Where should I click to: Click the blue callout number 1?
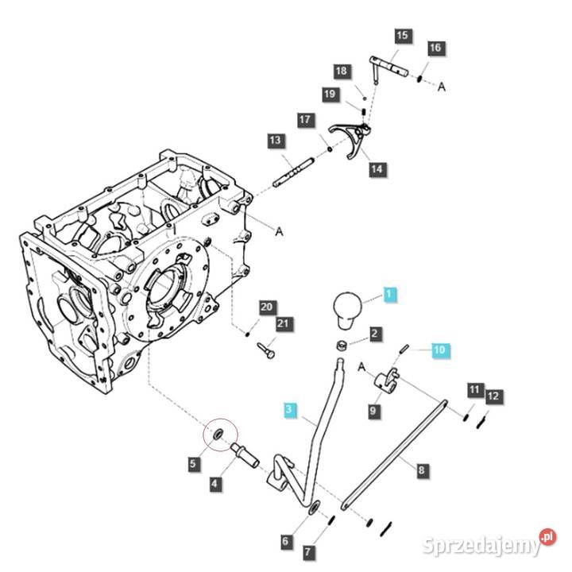click(x=389, y=294)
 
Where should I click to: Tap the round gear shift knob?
click(x=347, y=310)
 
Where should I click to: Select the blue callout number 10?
click(x=440, y=350)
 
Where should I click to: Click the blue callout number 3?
click(x=289, y=409)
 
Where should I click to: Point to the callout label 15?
click(x=402, y=36)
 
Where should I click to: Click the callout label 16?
click(x=435, y=48)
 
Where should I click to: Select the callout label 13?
click(x=276, y=141)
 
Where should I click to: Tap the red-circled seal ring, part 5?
click(x=219, y=434)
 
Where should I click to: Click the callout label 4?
click(x=215, y=484)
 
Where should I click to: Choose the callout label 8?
click(x=422, y=470)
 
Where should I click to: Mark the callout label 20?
click(x=267, y=307)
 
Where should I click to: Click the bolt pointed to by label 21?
click(x=266, y=350)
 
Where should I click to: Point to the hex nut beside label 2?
click(x=342, y=344)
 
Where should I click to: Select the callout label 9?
click(x=373, y=412)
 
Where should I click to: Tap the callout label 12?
click(x=493, y=396)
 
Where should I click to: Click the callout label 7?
click(x=308, y=552)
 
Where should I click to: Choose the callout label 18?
click(x=342, y=71)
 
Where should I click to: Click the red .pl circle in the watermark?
click(x=547, y=536)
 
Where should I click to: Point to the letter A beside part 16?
click(x=442, y=87)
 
